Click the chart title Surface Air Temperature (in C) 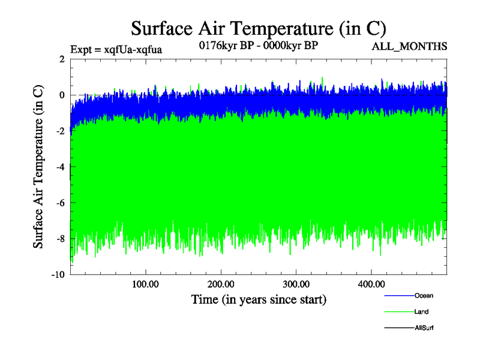258,28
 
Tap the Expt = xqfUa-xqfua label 116,49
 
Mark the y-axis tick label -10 58,275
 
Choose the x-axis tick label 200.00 221,284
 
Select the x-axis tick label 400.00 371,284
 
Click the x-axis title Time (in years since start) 259,299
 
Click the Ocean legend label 424,296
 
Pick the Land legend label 421,312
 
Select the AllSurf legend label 424,328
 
